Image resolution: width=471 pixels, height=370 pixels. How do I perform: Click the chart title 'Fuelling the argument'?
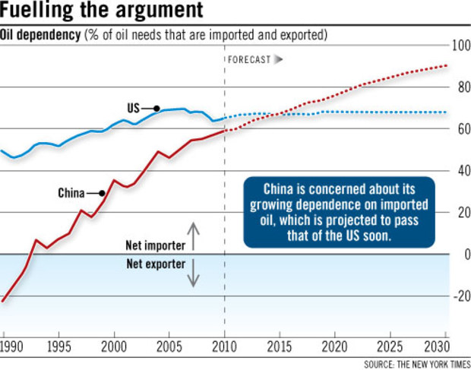click(x=102, y=12)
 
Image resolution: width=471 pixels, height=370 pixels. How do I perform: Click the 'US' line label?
click(x=134, y=109)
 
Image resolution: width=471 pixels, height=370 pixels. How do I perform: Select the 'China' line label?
click(x=71, y=193)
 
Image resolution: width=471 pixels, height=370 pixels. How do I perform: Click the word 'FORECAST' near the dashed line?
click(x=248, y=59)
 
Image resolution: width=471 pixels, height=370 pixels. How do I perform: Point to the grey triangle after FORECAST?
click(x=278, y=59)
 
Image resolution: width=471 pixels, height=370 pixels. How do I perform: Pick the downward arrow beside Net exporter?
click(x=193, y=274)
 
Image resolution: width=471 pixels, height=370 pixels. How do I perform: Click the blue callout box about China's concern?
click(x=340, y=212)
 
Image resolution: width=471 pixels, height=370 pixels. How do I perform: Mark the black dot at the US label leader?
click(x=156, y=109)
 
